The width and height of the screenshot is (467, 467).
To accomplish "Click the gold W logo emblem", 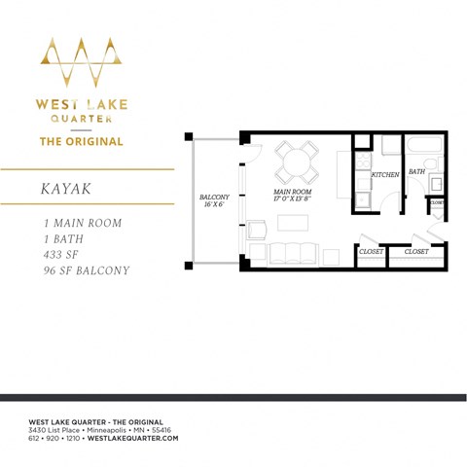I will point(81,63).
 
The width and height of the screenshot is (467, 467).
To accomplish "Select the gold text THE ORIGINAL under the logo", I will point(81,141).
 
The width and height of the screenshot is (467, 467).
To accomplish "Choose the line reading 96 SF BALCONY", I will point(80,270).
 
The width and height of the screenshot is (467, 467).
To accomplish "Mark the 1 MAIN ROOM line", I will point(77,223).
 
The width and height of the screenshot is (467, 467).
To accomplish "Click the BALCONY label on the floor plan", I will point(213,198).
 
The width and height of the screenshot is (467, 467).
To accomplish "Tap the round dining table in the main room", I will point(296,162).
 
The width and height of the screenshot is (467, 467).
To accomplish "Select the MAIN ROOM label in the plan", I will point(293,195).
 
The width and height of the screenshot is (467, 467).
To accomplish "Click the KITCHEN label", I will point(385,175).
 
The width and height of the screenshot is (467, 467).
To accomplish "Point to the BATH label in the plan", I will point(416,172).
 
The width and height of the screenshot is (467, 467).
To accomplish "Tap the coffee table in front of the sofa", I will point(292,223).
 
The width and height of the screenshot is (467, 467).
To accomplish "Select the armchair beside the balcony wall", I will point(258,231).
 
